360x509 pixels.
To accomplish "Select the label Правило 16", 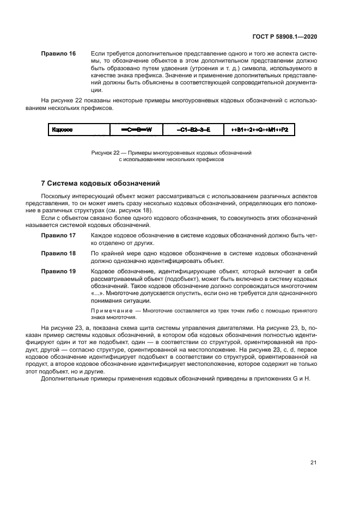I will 58,54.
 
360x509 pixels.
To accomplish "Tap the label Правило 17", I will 58,236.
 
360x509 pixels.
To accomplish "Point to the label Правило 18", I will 58,254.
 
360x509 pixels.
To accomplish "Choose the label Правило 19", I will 58,271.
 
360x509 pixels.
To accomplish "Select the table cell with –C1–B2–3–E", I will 193,130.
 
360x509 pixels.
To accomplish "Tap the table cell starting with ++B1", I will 259,130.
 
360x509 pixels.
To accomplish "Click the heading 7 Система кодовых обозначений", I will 100,183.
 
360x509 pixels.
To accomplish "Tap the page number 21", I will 313,463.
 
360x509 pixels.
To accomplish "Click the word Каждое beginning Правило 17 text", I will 102,236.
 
